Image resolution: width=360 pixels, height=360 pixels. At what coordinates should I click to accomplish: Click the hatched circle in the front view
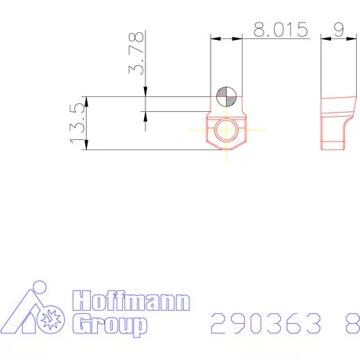pyautogui.click(x=226, y=96)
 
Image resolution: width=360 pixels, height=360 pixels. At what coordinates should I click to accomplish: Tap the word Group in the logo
pyautogui.click(x=110, y=324)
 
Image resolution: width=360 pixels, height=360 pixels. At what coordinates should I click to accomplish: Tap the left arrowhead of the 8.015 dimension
pyautogui.click(x=214, y=38)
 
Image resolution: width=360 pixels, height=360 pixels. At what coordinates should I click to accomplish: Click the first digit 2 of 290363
pyautogui.click(x=221, y=322)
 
